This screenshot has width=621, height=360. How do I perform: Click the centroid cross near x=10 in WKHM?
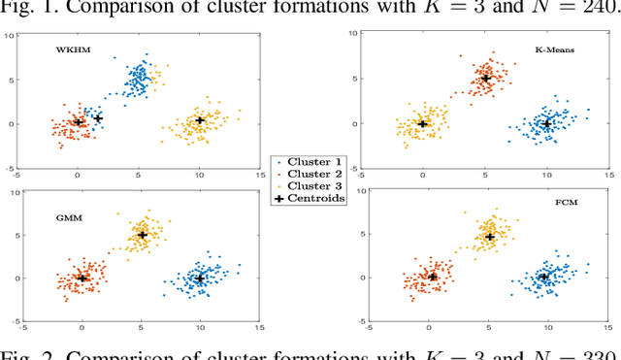click(200, 121)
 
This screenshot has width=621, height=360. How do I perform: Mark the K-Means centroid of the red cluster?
click(486, 78)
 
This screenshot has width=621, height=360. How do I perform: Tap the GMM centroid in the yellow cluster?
click(142, 235)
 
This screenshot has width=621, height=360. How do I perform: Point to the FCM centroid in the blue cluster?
click(543, 277)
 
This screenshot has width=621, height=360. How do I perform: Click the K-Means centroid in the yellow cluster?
click(423, 124)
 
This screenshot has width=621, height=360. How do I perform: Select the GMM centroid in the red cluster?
click(82, 278)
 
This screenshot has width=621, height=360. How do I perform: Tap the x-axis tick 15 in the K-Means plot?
click(608, 175)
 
